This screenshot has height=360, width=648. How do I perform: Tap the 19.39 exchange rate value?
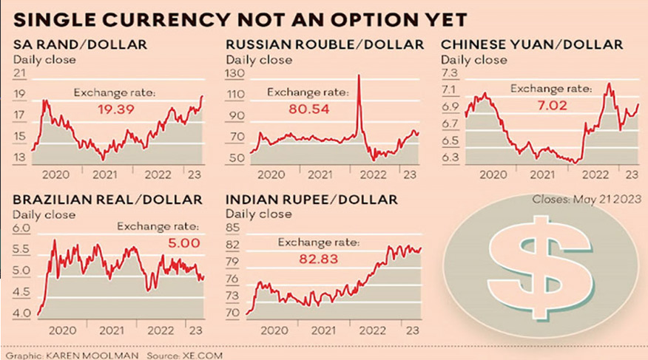(x=115, y=109)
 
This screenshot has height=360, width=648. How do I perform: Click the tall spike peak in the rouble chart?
(x=359, y=75)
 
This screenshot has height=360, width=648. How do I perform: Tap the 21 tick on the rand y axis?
(x=20, y=73)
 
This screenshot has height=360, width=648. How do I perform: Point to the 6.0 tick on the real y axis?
(x=22, y=229)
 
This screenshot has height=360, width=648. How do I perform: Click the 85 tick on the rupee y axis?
(x=234, y=229)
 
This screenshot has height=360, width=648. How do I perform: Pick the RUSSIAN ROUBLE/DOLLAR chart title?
(x=325, y=45)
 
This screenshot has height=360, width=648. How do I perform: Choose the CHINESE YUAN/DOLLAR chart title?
(x=532, y=45)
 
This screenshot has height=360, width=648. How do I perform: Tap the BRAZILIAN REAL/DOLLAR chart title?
(x=107, y=200)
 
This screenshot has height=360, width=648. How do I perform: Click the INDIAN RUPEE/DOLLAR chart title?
(x=311, y=200)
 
